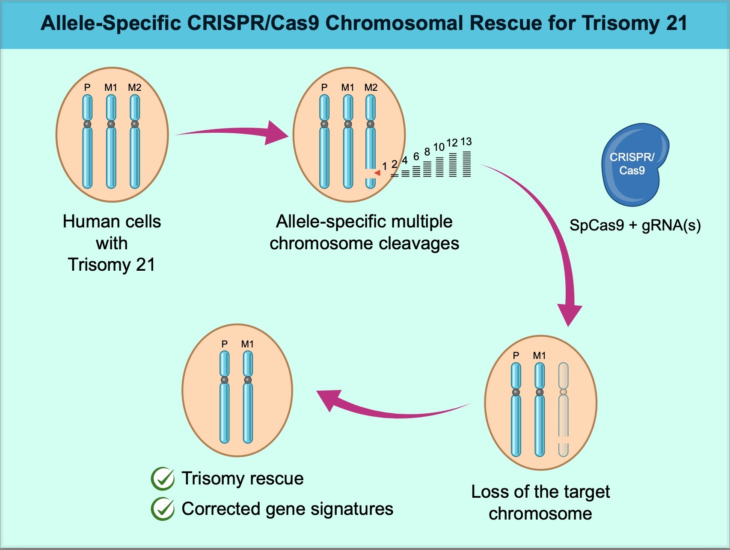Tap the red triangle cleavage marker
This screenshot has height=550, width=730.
click(x=377, y=173)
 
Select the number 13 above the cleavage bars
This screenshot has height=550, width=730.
click(x=466, y=141)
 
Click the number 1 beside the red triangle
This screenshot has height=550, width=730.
click(x=384, y=166)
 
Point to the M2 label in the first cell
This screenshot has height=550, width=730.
click(x=134, y=87)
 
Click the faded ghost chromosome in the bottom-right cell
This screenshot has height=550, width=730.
click(x=563, y=411)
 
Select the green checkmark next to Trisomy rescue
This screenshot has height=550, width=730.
click(x=163, y=478)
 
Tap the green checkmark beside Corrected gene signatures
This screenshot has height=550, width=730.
click(x=163, y=509)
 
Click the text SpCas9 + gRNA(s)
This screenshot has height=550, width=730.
click(x=635, y=225)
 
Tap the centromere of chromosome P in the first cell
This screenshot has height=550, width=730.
click(x=87, y=124)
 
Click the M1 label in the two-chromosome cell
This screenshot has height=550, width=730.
click(x=247, y=344)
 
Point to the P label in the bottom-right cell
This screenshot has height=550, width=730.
click(x=516, y=356)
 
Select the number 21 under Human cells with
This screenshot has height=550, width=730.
click(x=145, y=265)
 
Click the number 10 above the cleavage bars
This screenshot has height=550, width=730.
click(x=439, y=147)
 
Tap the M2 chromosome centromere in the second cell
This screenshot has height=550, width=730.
click(x=371, y=124)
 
